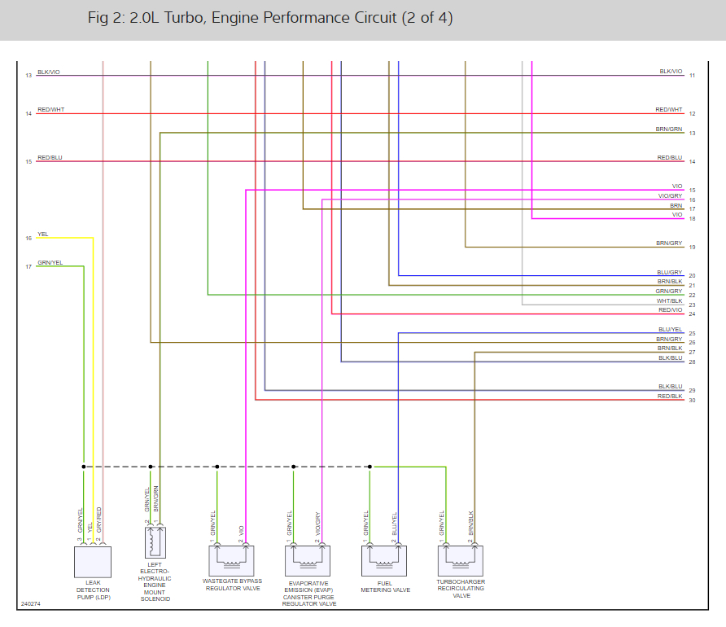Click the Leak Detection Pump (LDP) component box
tap(92, 562)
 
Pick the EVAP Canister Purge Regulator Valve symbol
tap(308, 560)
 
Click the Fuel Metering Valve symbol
tap(383, 560)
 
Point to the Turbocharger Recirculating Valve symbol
tap(460, 560)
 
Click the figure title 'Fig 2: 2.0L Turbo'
tap(269, 18)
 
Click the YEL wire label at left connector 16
tap(43, 235)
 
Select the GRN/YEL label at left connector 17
tap(50, 262)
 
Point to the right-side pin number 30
tap(692, 401)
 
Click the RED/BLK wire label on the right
tap(670, 396)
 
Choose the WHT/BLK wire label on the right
tap(670, 300)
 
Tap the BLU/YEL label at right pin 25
tap(670, 329)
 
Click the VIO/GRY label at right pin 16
tap(670, 195)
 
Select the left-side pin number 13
tap(28, 76)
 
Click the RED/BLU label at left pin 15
tap(50, 157)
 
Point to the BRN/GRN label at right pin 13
tap(670, 129)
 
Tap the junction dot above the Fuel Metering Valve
tap(370, 467)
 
